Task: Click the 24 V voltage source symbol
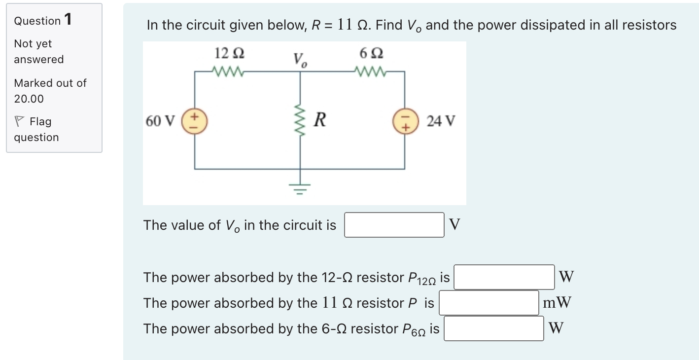click(405, 121)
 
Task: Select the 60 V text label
click(160, 121)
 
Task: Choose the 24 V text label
click(441, 121)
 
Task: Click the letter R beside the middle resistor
click(319, 120)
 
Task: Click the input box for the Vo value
click(394, 225)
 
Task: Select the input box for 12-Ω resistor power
click(504, 277)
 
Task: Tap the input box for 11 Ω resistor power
click(489, 303)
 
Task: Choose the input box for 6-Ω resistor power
click(494, 328)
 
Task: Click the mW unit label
click(557, 302)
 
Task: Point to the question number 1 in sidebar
click(68, 20)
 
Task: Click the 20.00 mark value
click(29, 99)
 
